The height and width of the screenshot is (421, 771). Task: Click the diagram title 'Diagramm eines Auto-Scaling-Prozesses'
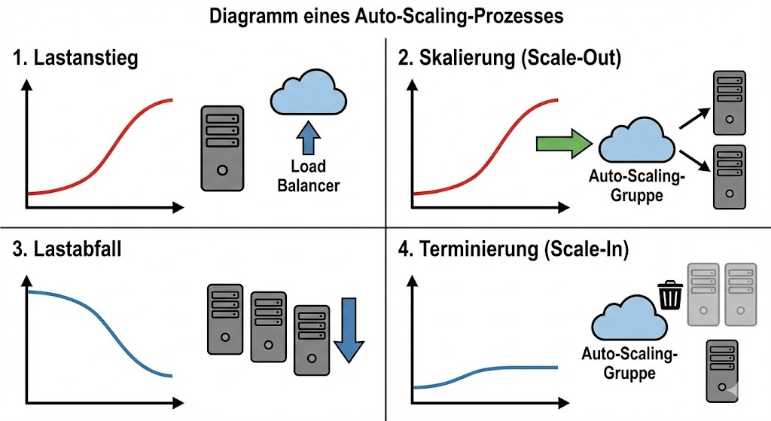pos(385,17)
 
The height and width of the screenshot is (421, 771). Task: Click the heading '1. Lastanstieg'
pos(75,59)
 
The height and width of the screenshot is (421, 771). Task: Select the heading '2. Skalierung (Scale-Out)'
pos(510,59)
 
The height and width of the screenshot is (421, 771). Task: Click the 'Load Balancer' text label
pos(308,175)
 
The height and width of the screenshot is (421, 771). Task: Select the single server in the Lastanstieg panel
pos(222,147)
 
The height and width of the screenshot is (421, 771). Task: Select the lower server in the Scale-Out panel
pos(728,176)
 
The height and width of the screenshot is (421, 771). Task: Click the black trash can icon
pos(669,294)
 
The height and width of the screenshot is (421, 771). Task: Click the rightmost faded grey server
pos(740,294)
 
